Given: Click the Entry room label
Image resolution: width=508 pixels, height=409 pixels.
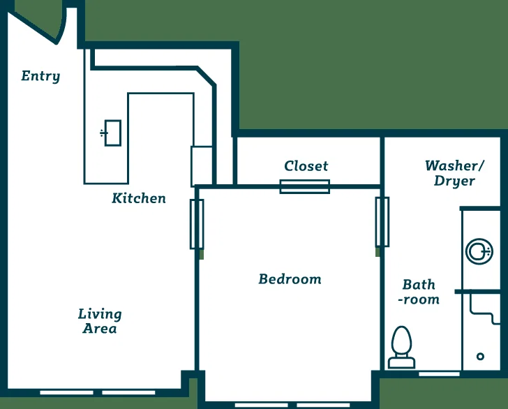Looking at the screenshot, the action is click(x=40, y=76).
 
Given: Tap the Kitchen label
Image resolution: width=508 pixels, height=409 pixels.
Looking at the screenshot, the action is click(x=139, y=198).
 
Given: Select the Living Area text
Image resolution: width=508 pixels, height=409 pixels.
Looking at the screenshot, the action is click(x=100, y=321).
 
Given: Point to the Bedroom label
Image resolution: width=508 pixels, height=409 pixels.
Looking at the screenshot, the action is click(x=290, y=279).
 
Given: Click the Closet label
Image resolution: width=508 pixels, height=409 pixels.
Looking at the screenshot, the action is click(x=306, y=166).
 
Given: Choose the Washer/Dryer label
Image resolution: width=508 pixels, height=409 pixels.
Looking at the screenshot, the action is click(x=454, y=173).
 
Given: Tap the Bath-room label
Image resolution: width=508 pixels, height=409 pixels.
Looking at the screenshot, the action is click(x=419, y=292).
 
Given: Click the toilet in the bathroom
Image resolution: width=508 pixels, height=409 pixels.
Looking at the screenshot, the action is click(x=402, y=347).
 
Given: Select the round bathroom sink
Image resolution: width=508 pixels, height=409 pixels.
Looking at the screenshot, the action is click(x=479, y=251).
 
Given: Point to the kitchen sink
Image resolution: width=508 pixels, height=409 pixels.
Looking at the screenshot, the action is click(x=111, y=133).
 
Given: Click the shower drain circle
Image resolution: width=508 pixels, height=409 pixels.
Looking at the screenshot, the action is click(x=481, y=357).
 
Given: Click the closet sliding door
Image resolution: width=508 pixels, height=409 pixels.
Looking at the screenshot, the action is click(x=305, y=186).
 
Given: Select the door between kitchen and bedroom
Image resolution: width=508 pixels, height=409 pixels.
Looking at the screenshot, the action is click(x=197, y=224).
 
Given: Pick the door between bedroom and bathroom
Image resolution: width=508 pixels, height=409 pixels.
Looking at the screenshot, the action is click(x=382, y=222).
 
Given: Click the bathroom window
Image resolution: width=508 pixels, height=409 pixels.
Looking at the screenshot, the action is click(x=440, y=374).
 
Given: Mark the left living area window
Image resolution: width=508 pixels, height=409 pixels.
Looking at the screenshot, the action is click(x=67, y=392).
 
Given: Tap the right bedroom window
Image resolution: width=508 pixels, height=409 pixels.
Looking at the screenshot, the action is click(x=323, y=405).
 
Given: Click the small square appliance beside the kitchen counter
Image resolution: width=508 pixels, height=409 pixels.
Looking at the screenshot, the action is click(x=202, y=166).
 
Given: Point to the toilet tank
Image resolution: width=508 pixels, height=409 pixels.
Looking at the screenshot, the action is click(x=402, y=363).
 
